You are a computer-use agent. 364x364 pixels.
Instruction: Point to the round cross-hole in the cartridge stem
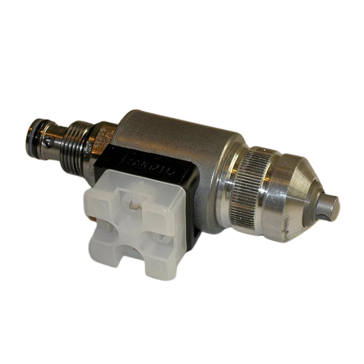[x=51, y=143]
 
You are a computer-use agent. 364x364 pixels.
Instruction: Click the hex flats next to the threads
[x=101, y=139]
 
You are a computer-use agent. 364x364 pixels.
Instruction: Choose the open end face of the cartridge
[x=28, y=132]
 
